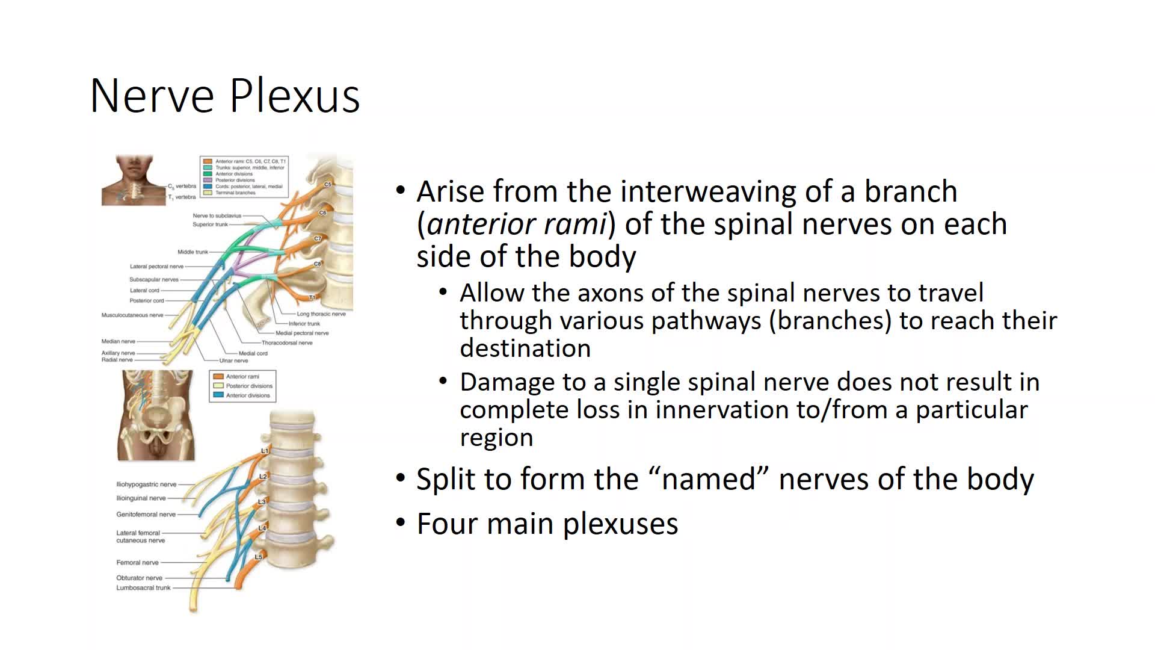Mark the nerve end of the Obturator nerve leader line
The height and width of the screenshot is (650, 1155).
point(227,578)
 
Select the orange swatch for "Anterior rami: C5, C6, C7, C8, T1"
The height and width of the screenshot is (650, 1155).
point(208,161)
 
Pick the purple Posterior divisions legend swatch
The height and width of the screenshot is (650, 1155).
point(208,180)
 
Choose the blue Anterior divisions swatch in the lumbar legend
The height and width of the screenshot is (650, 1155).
point(218,395)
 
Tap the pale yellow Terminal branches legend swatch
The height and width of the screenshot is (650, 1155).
point(208,193)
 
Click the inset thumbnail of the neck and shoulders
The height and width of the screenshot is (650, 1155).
point(134,180)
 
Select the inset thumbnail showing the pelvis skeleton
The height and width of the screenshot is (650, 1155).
point(156,415)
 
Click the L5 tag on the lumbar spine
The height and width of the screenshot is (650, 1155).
point(258,557)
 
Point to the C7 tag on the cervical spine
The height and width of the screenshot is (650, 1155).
point(318,238)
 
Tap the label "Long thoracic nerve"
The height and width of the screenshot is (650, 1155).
point(321,314)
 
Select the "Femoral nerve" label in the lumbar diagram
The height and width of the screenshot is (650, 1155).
point(137,563)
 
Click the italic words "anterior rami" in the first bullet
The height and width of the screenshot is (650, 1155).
point(516,224)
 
